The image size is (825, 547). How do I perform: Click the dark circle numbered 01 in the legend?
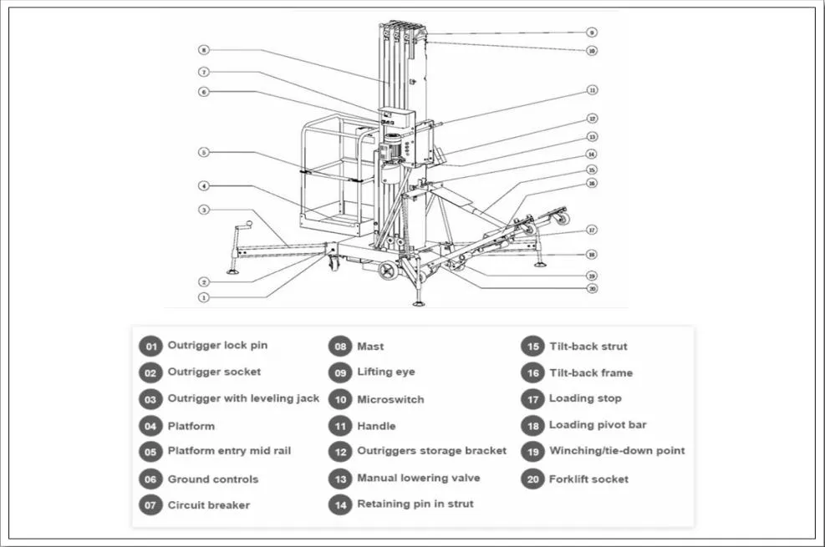point(150,347)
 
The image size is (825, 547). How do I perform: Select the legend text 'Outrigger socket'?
point(214,372)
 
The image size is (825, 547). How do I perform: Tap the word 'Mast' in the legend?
point(370,347)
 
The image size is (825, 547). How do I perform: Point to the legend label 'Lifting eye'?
point(385,372)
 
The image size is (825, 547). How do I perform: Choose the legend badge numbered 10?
point(339,400)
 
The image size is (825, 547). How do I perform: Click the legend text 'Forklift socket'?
point(588,479)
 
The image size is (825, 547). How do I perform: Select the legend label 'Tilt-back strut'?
point(588,347)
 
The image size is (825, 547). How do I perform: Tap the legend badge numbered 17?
point(532,400)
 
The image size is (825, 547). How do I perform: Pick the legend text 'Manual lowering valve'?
point(419,479)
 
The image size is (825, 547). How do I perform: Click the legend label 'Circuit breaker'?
point(209,505)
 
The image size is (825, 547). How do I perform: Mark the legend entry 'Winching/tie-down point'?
point(617,451)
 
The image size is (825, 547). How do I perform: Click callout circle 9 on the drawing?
point(591,33)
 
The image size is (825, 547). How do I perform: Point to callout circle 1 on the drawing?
point(203,296)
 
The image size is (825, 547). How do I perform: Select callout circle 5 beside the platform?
point(203,153)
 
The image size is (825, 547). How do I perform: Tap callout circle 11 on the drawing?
point(592,89)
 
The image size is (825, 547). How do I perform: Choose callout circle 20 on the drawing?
point(592,289)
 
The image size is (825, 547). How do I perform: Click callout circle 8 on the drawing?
point(203,50)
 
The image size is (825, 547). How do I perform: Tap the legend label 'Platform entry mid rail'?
point(229,451)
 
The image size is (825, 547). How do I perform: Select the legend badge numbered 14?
point(339,505)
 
